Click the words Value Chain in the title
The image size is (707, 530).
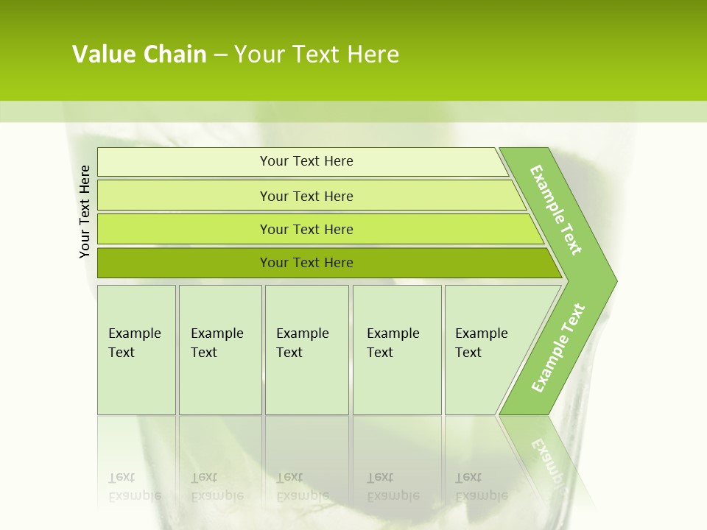click(139, 54)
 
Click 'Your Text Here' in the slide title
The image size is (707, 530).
click(317, 54)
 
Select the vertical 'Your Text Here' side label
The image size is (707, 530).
click(85, 211)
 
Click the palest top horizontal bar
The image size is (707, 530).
click(306, 161)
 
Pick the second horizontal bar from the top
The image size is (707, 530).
click(306, 196)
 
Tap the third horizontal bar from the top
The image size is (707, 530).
click(306, 229)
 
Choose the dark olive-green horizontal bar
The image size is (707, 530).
click(306, 263)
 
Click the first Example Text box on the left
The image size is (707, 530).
click(136, 349)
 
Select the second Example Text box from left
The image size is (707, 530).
click(219, 349)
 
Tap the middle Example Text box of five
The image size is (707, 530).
click(306, 349)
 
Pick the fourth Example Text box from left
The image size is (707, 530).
click(397, 349)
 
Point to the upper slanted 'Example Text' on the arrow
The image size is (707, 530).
click(556, 210)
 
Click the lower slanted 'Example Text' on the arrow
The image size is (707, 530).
click(558, 347)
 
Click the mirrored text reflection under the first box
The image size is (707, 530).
click(134, 487)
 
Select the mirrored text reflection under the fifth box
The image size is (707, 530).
click(482, 487)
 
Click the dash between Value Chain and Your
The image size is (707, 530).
click(220, 54)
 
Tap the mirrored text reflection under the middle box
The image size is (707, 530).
click(302, 487)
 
